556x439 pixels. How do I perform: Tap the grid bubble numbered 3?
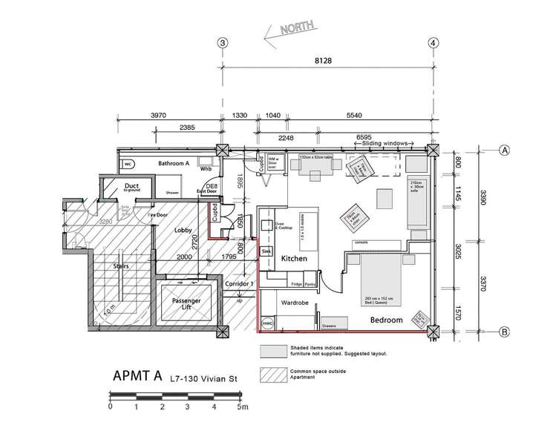[221, 43]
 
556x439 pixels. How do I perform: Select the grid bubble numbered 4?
[434, 43]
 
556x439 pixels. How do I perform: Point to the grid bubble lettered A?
[505, 149]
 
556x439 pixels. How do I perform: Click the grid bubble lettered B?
[505, 331]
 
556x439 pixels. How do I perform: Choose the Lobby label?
[184, 231]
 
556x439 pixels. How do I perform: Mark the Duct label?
[132, 185]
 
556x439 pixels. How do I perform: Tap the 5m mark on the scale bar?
[241, 407]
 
